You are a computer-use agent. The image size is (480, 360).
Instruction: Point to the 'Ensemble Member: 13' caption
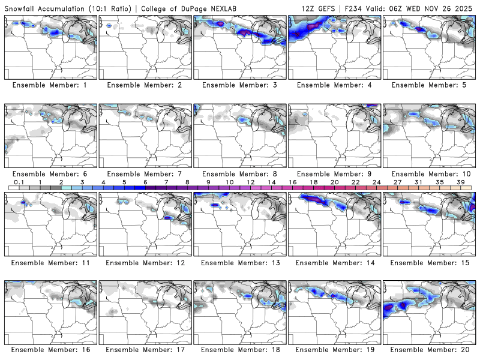[239, 262]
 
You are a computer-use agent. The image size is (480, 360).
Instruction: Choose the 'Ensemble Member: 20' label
[429, 349]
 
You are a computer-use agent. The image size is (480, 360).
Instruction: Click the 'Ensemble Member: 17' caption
[145, 349]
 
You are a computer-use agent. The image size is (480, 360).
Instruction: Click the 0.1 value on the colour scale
[19, 182]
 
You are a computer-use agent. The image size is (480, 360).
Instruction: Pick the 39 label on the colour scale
[460, 182]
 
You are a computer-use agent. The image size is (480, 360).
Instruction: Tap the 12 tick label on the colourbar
[250, 182]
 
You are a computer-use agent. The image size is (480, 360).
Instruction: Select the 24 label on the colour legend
[376, 182]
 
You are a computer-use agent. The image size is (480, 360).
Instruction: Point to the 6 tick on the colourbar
[145, 182]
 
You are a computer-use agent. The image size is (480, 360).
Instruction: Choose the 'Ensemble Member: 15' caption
[429, 262]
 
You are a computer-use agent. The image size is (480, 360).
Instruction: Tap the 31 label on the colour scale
[418, 182]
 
